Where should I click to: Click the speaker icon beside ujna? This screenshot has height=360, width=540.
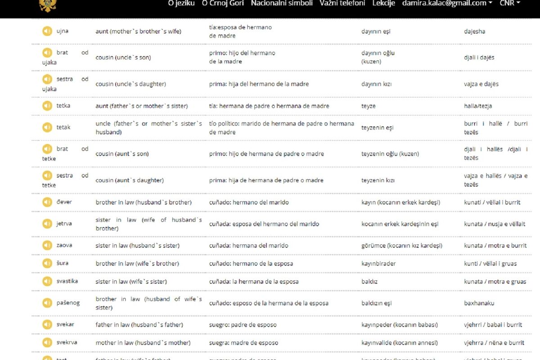tap(47, 31)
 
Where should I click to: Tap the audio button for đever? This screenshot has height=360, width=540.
tap(47, 202)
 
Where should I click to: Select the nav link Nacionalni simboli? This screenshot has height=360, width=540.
tap(282, 3)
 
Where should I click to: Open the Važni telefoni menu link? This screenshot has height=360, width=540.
tap(342, 3)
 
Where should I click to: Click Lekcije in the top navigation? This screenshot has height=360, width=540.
tap(383, 3)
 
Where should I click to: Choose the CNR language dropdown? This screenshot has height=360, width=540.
tap(509, 3)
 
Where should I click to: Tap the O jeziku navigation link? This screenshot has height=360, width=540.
tap(181, 3)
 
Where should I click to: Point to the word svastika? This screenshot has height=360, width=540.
tap(67, 281)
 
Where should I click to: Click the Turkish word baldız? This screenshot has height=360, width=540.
tap(369, 282)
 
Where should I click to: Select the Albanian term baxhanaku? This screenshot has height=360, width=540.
tap(479, 303)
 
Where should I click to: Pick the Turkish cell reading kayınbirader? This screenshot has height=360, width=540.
tap(378, 264)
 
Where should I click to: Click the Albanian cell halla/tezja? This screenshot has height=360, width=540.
tap(478, 106)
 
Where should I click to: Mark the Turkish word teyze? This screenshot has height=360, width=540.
tap(368, 106)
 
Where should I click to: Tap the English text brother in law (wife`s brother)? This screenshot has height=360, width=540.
tap(137, 264)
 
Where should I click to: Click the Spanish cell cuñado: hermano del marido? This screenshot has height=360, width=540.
tap(249, 202)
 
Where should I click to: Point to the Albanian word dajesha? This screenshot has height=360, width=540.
tap(474, 31)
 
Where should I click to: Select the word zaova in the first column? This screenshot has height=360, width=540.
tap(64, 245)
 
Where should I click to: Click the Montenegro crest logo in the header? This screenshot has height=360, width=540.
tap(47, 5)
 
